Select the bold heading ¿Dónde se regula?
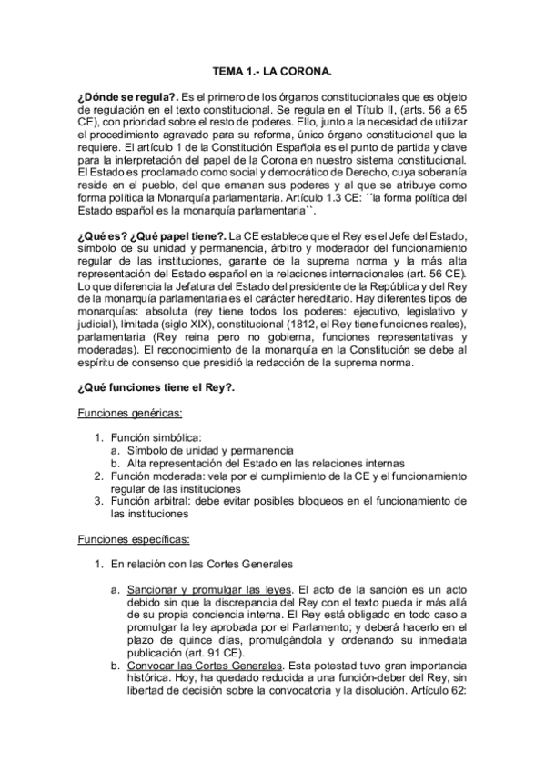[127, 95]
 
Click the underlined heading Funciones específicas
[134, 538]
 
